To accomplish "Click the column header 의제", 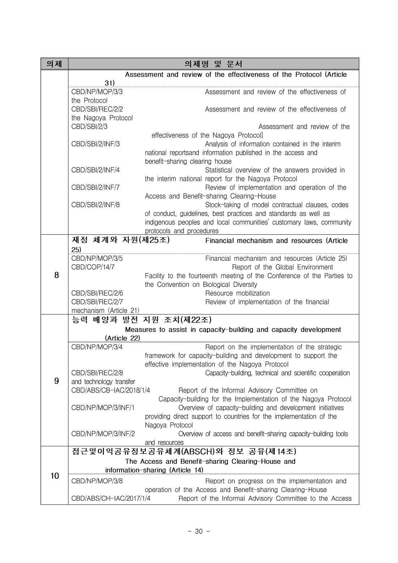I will (54, 64).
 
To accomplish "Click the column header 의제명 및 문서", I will (213, 64).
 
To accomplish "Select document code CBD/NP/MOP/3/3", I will (97, 92).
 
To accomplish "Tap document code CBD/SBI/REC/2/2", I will (97, 109).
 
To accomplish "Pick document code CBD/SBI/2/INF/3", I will (96, 144).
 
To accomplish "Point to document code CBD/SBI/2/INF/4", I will (96, 170).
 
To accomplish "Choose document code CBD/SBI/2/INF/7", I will (96, 188).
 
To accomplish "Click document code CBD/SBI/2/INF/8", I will (96, 205).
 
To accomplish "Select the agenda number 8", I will (56, 275).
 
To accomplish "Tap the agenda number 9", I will (56, 381).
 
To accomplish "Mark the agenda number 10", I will (55, 476).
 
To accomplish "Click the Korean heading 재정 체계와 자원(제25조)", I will (121, 240).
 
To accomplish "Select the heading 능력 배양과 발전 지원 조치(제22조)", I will (141, 320).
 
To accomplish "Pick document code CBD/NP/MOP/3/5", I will (97, 259).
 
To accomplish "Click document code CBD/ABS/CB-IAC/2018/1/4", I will (111, 391).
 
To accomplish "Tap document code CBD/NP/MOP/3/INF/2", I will (103, 434).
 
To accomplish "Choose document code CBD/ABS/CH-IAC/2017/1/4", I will (111, 499).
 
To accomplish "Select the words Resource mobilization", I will (237, 293).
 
